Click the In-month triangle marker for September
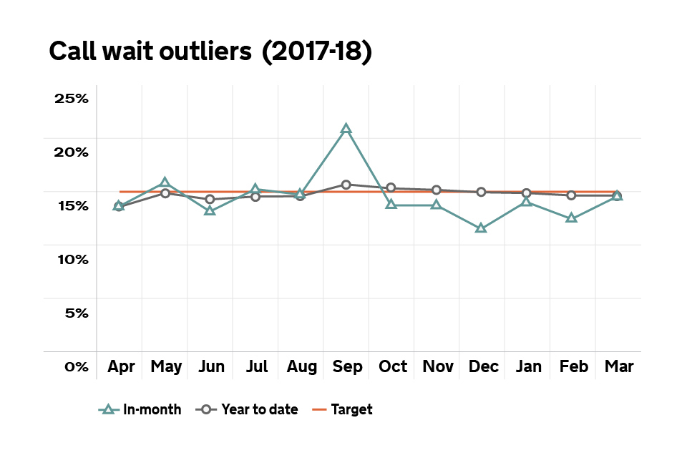[346, 129]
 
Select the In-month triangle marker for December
[481, 228]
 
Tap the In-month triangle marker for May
[165, 182]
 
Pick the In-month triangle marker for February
[571, 218]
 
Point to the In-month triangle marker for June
[210, 210]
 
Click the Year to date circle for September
[346, 185]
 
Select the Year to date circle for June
[210, 199]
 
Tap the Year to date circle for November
[436, 190]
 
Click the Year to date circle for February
[571, 195]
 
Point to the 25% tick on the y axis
[72, 98]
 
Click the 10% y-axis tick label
[72, 259]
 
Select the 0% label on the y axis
[76, 366]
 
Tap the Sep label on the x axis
[347, 367]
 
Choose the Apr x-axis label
[121, 367]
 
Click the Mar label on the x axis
[618, 367]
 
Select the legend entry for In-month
[140, 410]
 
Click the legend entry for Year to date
[247, 410]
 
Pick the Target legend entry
[343, 410]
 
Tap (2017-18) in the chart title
[318, 53]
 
